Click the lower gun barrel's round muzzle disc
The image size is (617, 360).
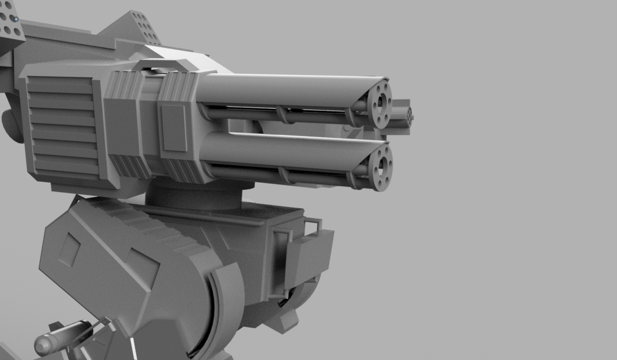click(380, 165)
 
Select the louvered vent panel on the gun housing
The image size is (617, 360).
click(63, 128)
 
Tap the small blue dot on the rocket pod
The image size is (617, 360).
click(16, 20)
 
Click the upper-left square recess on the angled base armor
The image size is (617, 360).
click(69, 250)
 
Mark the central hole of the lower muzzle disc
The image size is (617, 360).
click(382, 164)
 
